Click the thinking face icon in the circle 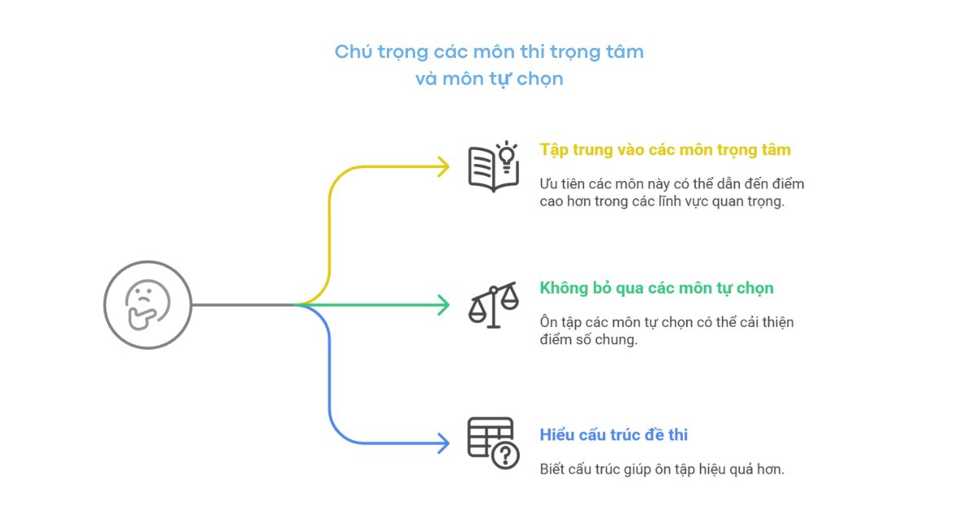click(147, 305)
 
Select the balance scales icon click(493, 305)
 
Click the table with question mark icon click(493, 443)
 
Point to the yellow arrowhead click(443, 166)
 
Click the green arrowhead click(443, 305)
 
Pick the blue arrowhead click(443, 444)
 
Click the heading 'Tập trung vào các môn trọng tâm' click(665, 150)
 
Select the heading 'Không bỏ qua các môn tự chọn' click(657, 288)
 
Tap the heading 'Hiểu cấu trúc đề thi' click(614, 435)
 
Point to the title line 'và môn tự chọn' click(489, 80)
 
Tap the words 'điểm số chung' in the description click(588, 339)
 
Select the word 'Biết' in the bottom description click(552, 470)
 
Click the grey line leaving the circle click(241, 305)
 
